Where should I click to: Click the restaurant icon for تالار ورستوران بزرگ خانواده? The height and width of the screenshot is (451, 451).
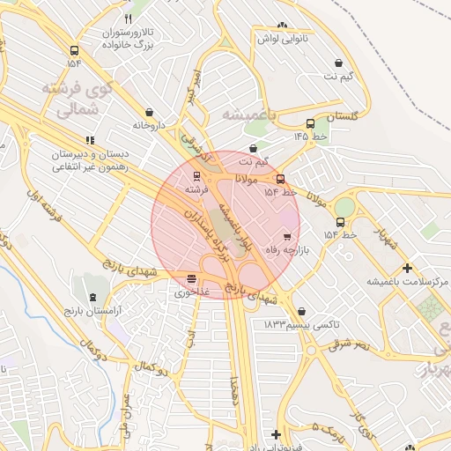[x=128, y=18]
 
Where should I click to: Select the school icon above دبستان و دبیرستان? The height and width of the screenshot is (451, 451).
[x=89, y=139]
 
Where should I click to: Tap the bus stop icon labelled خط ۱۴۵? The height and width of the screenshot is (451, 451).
[x=309, y=124]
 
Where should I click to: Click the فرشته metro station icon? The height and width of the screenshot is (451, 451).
[x=196, y=175]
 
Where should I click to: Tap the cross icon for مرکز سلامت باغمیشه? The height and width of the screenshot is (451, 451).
[x=407, y=268]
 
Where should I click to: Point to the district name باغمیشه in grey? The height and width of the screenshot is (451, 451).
[x=248, y=115]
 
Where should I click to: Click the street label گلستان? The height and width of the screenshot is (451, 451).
[x=343, y=116]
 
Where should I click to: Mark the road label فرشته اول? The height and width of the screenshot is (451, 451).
[x=47, y=203]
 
